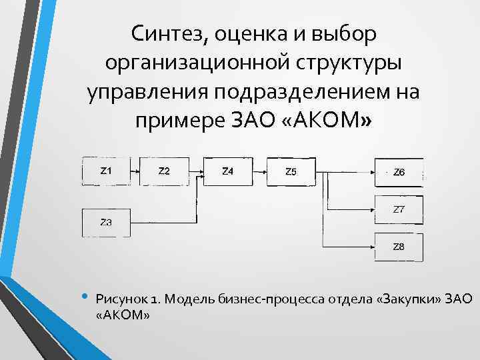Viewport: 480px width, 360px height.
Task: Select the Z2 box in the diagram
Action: [164, 171]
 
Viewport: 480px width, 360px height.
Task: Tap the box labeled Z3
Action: [105, 223]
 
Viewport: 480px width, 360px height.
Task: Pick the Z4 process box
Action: [227, 171]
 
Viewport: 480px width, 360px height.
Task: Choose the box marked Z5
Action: [291, 171]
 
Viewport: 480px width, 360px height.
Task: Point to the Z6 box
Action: [399, 172]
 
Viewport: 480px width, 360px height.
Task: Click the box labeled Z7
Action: [399, 209]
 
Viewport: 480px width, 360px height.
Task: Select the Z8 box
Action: [399, 247]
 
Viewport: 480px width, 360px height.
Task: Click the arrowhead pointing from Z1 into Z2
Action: [136, 171]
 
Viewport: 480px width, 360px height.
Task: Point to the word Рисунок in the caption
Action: [119, 299]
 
